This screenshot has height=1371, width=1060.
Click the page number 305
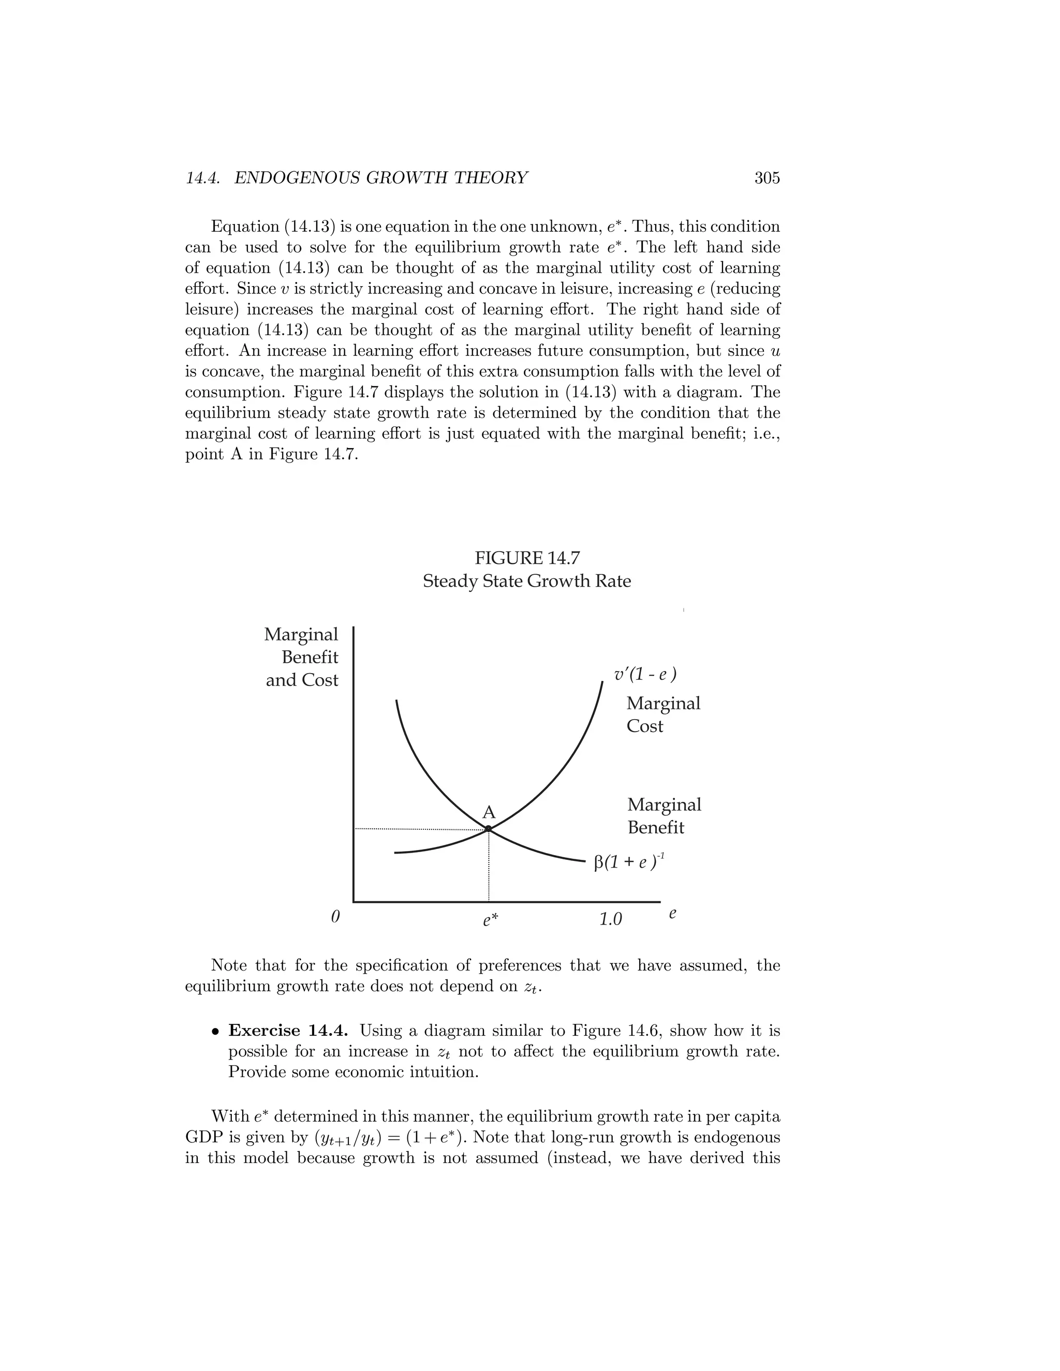click(767, 178)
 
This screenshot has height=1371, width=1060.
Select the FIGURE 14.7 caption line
click(526, 558)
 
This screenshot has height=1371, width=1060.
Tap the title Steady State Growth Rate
click(526, 582)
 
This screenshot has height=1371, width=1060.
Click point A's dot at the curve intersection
click(488, 829)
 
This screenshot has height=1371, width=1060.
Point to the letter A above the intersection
click(488, 813)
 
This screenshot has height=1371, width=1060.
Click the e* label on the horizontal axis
click(491, 920)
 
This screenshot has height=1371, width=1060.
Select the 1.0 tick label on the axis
click(610, 920)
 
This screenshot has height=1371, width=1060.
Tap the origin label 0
click(335, 917)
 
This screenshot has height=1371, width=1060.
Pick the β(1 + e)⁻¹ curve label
click(628, 862)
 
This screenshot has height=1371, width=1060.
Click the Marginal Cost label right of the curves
click(662, 715)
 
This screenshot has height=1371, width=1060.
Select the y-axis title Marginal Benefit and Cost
click(301, 657)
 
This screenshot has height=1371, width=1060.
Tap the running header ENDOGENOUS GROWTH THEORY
click(380, 178)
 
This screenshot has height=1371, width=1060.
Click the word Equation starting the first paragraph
click(242, 227)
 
